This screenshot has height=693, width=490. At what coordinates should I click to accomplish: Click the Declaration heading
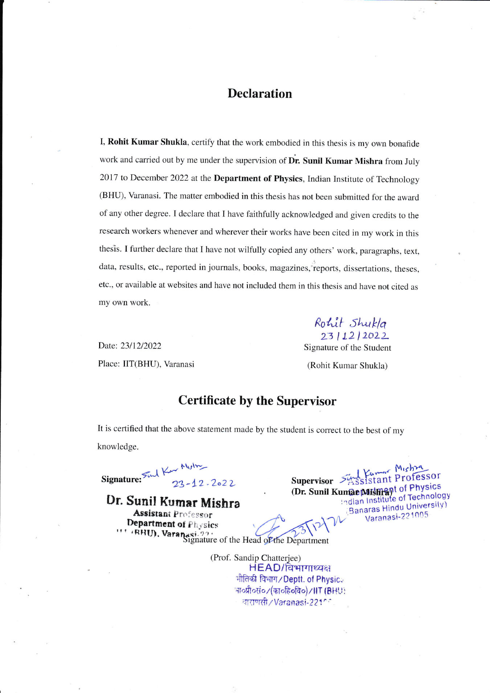pyautogui.click(x=260, y=94)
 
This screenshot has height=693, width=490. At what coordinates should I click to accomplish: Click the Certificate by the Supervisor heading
pyautogui.click(x=257, y=400)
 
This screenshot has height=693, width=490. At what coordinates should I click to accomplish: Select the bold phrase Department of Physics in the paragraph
pyautogui.click(x=258, y=178)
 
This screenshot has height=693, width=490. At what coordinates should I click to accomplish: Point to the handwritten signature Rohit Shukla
pyautogui.click(x=350, y=322)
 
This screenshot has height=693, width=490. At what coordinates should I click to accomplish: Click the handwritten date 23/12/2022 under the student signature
pyautogui.click(x=354, y=336)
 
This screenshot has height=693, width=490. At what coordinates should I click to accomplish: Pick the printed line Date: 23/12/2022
pyautogui.click(x=130, y=346)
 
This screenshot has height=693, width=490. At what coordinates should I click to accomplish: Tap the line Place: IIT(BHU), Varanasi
pyautogui.click(x=146, y=364)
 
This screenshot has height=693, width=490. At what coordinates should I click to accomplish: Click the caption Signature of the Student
pyautogui.click(x=347, y=347)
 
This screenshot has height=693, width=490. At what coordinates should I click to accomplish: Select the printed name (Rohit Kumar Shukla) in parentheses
pyautogui.click(x=347, y=366)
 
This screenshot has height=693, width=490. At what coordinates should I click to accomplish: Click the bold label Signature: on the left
pyautogui.click(x=121, y=479)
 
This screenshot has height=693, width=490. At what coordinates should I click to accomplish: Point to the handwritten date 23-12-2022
pyautogui.click(x=204, y=484)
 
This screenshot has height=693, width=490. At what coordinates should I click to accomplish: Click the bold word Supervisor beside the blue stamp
pyautogui.click(x=312, y=481)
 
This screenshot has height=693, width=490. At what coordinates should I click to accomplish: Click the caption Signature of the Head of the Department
pyautogui.click(x=256, y=540)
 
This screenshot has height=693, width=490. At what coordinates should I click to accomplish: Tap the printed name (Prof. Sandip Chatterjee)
pyautogui.click(x=256, y=558)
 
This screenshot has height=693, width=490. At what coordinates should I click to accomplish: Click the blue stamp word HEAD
pyautogui.click(x=265, y=568)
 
